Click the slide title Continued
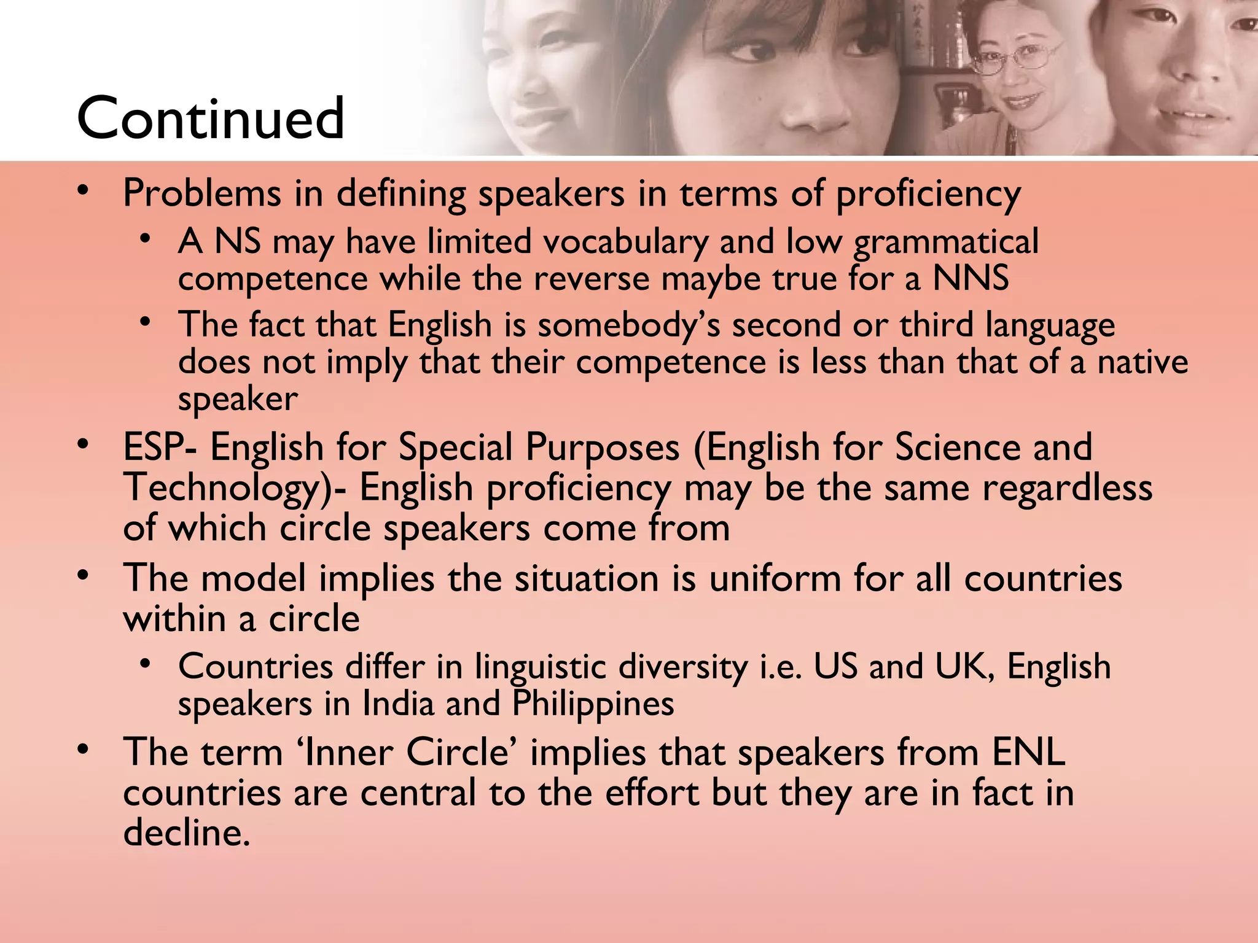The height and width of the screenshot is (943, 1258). pos(210,118)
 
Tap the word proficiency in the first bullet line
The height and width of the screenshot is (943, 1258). pos(928,195)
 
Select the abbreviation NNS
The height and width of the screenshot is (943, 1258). pos(971,278)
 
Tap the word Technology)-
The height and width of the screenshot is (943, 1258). pos(234,488)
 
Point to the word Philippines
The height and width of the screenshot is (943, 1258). pos(593,704)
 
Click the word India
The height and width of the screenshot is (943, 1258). pos(399,704)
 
